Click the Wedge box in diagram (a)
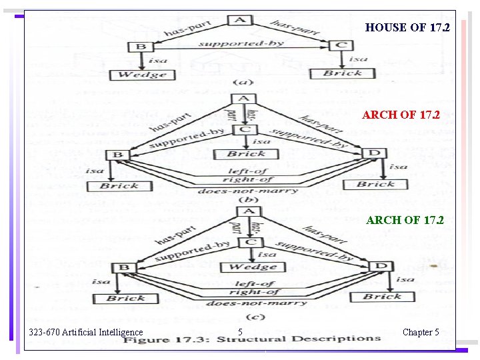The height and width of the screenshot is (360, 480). [142, 74]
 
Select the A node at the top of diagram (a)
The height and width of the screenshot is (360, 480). [239, 20]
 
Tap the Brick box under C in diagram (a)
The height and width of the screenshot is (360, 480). [343, 73]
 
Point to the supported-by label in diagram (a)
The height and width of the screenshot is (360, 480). [241, 44]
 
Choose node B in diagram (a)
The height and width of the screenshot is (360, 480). [140, 47]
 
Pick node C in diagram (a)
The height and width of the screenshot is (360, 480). [341, 45]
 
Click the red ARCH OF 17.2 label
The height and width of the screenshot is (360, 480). [401, 115]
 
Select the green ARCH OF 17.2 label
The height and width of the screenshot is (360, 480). [405, 220]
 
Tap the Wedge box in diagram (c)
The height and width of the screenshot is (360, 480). [252, 267]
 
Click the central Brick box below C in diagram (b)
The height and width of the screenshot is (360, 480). [246, 153]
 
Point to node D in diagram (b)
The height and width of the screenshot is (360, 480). [374, 154]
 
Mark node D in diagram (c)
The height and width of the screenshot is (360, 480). [381, 267]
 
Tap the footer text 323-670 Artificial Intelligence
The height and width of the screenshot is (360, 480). [85, 332]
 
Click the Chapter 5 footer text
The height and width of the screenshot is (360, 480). [421, 332]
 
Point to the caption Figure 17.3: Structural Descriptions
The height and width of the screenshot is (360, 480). [251, 340]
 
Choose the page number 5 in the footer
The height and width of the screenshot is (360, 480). [240, 332]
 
